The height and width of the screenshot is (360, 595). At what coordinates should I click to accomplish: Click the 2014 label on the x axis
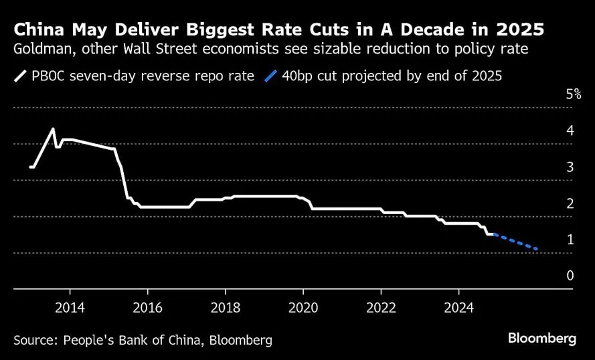point(69,309)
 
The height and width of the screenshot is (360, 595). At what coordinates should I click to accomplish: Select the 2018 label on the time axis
point(225,309)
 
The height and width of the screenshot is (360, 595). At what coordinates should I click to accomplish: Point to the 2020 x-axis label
point(303,309)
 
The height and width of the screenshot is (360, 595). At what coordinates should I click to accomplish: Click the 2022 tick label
point(381,309)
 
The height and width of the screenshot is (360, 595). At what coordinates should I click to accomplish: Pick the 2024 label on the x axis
point(458,309)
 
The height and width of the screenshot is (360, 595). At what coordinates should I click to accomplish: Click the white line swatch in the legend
point(19,76)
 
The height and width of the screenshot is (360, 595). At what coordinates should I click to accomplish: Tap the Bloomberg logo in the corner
point(541,339)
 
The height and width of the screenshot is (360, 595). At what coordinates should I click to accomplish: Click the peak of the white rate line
point(54,129)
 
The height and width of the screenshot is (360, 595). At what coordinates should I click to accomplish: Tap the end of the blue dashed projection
point(537,250)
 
